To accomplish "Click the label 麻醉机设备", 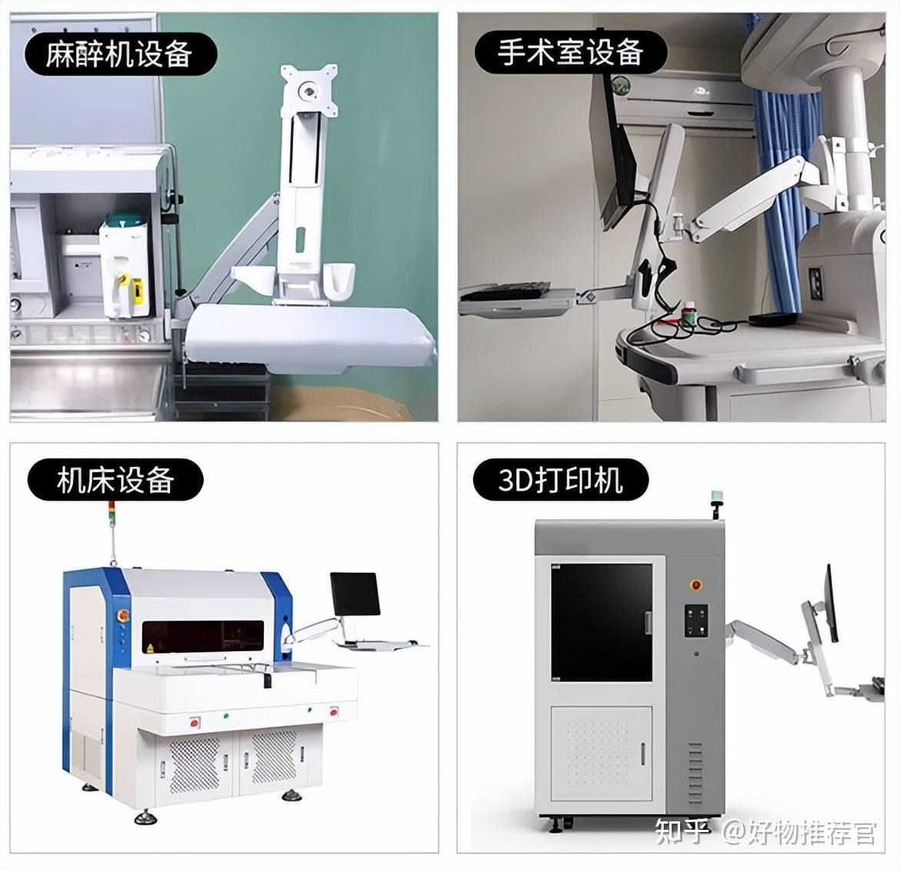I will click(119, 54).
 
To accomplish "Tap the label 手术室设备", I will click(570, 52).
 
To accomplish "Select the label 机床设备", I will click(115, 481).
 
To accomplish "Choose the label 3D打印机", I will click(560, 481).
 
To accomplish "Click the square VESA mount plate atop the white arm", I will click(307, 91).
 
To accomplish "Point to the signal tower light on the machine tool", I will click(111, 511).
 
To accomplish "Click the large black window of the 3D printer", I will click(602, 619).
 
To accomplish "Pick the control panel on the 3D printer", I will click(695, 621).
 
